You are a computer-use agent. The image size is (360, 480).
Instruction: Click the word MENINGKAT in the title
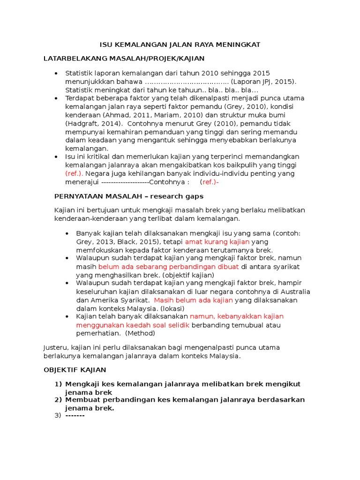pos(239,45)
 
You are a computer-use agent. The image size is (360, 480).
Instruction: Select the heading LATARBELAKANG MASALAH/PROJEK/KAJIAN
pos(124,59)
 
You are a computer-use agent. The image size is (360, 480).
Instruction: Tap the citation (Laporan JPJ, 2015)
pos(260,81)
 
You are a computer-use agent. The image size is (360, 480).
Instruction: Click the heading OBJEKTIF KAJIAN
pos(75,370)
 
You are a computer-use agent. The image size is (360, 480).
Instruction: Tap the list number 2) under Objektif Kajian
pos(59,400)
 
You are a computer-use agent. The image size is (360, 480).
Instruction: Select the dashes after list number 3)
pos(75,416)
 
